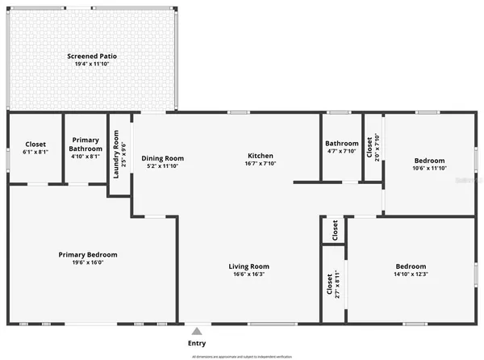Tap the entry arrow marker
195,330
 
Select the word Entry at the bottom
195,342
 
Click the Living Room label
248,266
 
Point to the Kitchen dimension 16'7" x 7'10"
260,165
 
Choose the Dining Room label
163,158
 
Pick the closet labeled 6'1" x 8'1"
35,148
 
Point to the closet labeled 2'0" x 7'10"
370,148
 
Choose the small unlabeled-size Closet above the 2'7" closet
334,230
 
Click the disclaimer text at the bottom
242,356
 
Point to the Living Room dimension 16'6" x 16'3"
248,274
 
